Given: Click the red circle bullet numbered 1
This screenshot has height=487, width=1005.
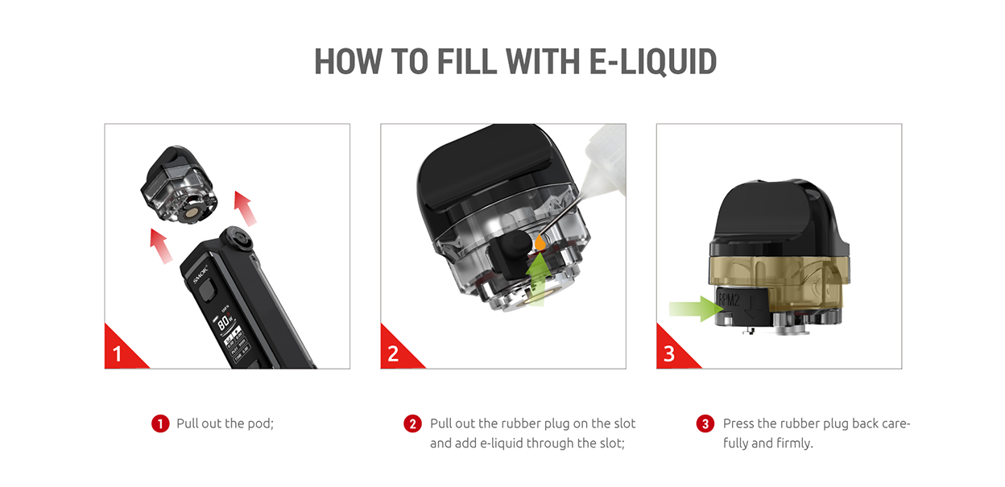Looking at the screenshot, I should pyautogui.click(x=159, y=423).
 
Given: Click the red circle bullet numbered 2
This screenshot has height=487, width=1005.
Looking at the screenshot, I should pyautogui.click(x=412, y=423).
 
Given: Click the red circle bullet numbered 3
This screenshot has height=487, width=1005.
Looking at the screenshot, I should pyautogui.click(x=705, y=423).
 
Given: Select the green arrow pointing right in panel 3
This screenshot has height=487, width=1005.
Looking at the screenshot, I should pyautogui.click(x=694, y=307).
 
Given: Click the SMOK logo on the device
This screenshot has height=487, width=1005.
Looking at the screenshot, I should pyautogui.click(x=198, y=275).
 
